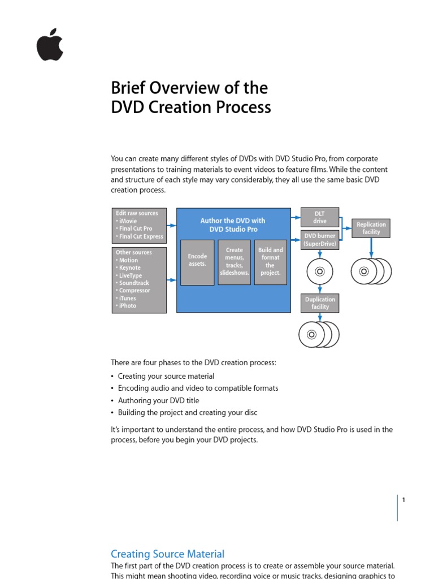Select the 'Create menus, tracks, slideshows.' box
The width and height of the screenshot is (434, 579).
click(x=234, y=262)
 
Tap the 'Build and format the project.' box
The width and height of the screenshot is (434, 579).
click(x=270, y=262)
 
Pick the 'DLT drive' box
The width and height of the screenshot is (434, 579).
click(x=320, y=218)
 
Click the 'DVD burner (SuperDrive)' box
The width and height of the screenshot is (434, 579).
click(x=320, y=240)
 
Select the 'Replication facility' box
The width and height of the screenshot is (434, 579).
click(x=371, y=228)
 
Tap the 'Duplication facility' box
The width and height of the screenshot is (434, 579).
click(x=320, y=303)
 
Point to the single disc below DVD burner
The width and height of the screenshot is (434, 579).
click(x=320, y=272)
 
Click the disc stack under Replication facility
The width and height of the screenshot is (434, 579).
click(x=371, y=272)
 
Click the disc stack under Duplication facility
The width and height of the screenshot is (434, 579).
click(x=319, y=335)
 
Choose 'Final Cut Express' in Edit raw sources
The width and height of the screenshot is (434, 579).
click(x=141, y=236)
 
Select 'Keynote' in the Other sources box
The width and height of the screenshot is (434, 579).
click(x=130, y=268)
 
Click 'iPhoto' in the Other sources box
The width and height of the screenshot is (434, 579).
click(x=128, y=305)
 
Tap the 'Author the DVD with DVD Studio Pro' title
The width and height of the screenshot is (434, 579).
click(x=233, y=225)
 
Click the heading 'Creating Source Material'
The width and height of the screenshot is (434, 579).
click(x=167, y=554)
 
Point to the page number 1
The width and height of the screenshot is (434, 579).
click(x=404, y=500)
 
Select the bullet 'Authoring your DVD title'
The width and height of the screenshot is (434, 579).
click(x=158, y=400)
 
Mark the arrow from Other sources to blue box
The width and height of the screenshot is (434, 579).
click(x=172, y=279)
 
